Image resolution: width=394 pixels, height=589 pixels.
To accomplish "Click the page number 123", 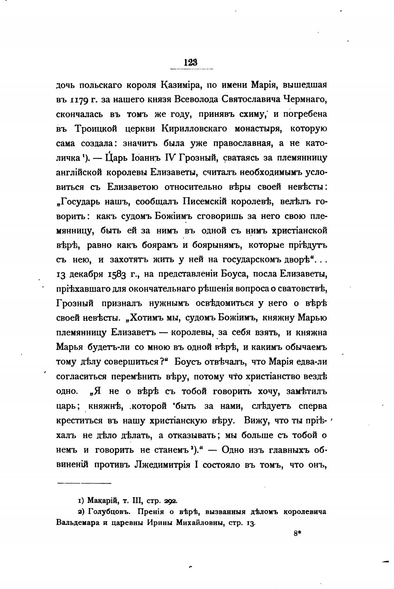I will click(191, 62).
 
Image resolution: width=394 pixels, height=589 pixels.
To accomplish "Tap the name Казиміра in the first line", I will click(181, 85).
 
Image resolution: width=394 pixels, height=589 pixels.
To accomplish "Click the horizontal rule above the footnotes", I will click(84, 483).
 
